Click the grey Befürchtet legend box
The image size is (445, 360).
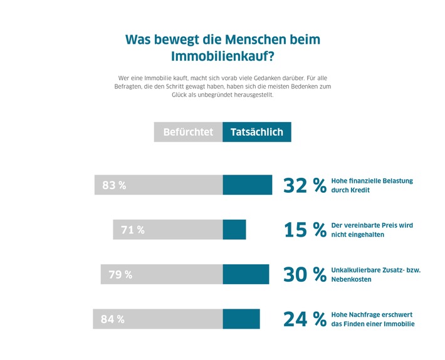click(x=188, y=132)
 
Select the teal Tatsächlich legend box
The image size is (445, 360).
click(x=257, y=132)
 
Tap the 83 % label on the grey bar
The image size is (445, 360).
click(x=114, y=185)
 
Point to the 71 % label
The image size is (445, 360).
click(x=133, y=230)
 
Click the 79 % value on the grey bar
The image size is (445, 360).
click(x=120, y=274)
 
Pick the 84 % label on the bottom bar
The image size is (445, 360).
click(x=113, y=319)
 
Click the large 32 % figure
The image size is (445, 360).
click(x=305, y=185)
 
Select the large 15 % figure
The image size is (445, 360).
click(x=305, y=230)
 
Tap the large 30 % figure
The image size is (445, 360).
click(x=305, y=274)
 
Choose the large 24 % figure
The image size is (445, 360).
click(x=305, y=319)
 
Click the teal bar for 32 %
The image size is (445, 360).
click(x=248, y=185)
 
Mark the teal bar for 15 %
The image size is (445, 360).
click(x=234, y=230)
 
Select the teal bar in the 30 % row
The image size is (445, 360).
click(x=246, y=274)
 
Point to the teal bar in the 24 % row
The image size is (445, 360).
click(x=241, y=319)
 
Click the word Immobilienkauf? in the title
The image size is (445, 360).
click(x=223, y=56)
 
